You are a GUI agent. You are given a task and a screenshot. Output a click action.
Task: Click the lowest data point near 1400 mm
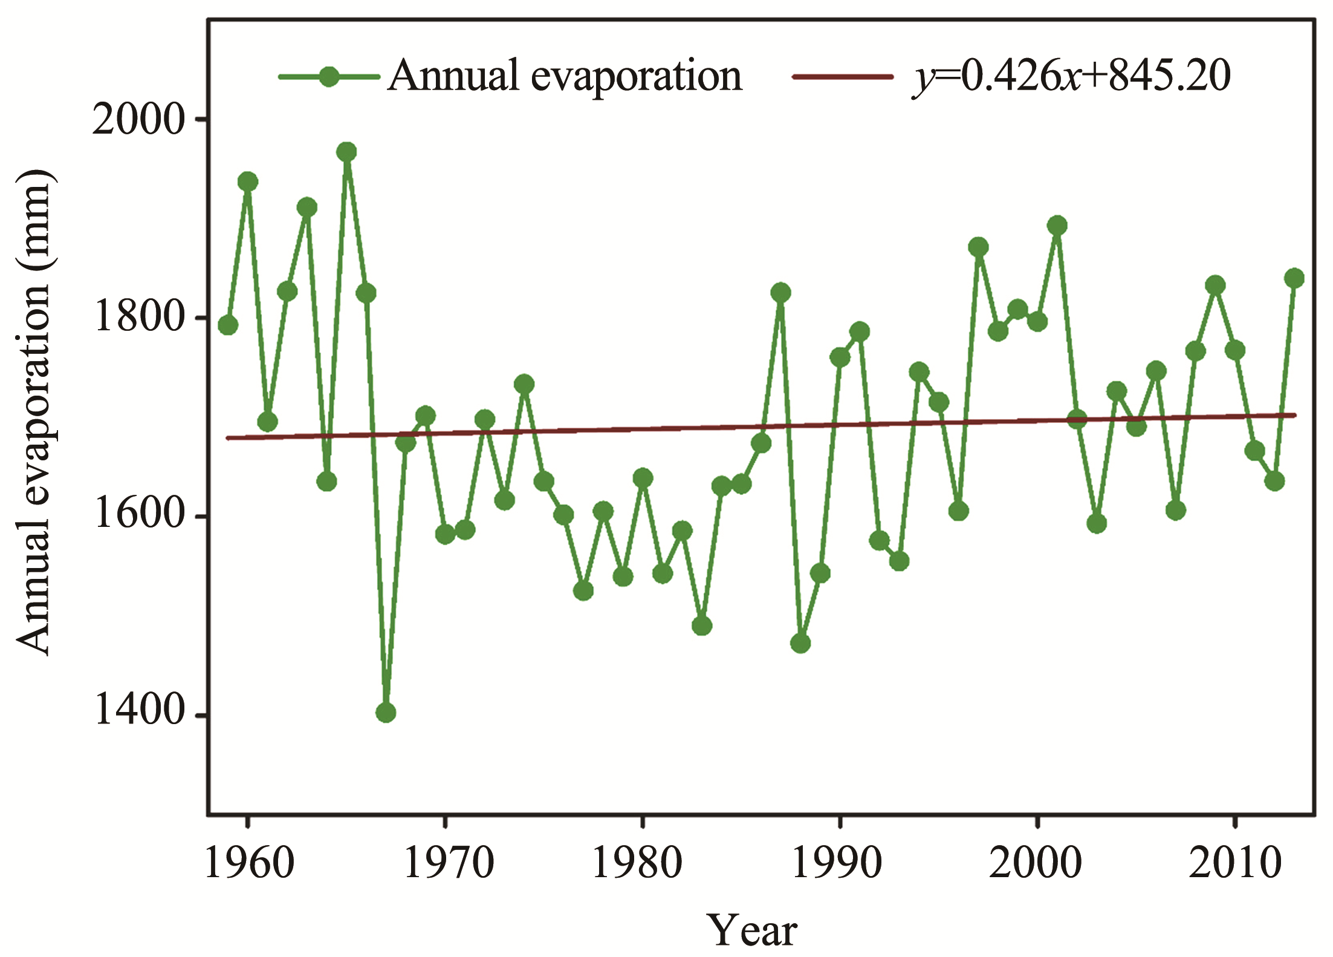(386, 713)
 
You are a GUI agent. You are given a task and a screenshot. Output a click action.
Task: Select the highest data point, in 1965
(346, 152)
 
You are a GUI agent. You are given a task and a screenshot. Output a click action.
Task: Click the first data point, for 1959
(228, 325)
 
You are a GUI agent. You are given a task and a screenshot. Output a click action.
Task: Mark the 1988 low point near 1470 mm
(800, 643)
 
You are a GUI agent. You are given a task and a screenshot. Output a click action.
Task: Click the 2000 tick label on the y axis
(138, 120)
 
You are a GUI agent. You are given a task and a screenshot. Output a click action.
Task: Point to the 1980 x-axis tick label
(637, 864)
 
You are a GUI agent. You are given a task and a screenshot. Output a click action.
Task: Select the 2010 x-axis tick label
(1234, 864)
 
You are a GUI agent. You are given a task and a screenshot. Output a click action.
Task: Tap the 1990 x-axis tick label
(837, 864)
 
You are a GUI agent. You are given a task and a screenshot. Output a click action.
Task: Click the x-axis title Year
(752, 930)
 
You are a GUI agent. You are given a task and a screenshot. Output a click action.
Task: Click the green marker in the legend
(329, 77)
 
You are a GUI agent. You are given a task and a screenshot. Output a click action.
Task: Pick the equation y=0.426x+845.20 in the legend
(1071, 77)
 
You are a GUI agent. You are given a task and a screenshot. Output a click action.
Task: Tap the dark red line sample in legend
(843, 77)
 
